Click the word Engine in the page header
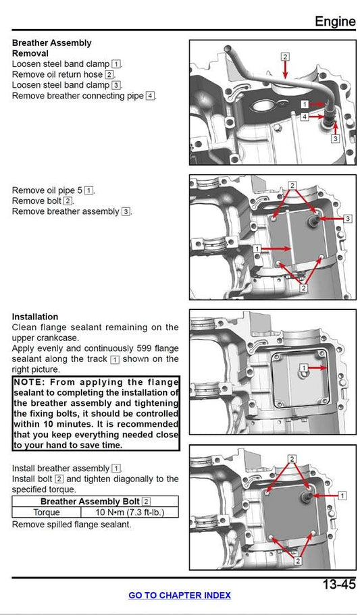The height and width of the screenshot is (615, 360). point(334,21)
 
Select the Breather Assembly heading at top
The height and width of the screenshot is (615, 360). point(51,43)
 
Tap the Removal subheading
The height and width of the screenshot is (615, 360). point(30,53)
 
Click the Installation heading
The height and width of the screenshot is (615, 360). point(35,317)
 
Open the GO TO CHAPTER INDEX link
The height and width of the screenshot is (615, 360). point(180,595)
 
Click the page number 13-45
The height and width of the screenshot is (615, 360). point(338,585)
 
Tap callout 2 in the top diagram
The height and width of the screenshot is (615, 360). point(285,57)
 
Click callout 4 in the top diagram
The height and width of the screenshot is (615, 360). point(305,117)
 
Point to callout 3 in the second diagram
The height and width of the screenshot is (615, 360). point(347,219)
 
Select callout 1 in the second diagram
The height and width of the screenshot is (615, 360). point(257,249)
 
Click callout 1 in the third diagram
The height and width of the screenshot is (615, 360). point(304,367)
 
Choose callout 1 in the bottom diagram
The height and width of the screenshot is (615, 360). point(342,496)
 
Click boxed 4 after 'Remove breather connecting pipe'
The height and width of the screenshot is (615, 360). point(150,96)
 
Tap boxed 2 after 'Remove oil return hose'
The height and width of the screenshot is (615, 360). point(109,74)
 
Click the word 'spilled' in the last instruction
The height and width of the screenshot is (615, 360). point(63,525)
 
